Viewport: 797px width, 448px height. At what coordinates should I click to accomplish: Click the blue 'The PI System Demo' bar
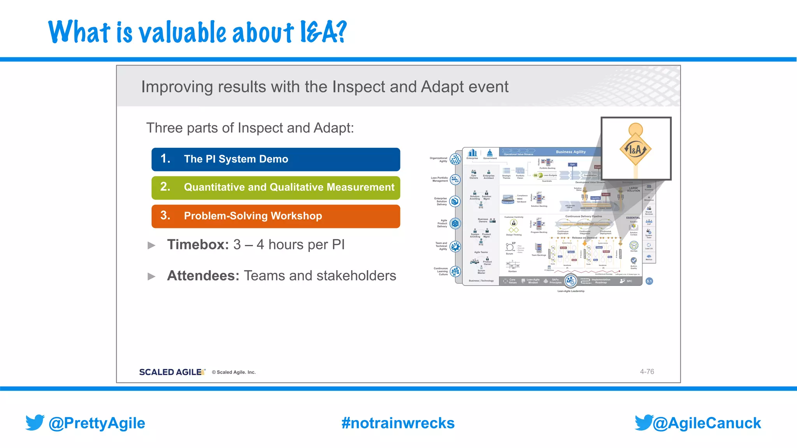(x=276, y=159)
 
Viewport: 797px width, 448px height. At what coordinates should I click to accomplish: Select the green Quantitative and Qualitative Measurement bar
(x=276, y=188)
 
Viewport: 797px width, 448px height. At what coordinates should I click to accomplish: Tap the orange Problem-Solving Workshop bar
(x=276, y=216)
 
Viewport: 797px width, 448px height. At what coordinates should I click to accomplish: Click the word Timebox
(x=198, y=245)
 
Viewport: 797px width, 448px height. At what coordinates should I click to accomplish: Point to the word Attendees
(x=203, y=276)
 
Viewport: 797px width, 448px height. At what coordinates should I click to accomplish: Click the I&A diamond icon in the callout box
(x=635, y=149)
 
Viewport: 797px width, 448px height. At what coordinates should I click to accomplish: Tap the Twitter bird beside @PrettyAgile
(x=35, y=422)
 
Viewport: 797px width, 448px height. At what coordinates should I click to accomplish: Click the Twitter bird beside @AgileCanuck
(x=644, y=422)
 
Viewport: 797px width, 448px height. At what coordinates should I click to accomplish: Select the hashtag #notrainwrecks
(x=398, y=423)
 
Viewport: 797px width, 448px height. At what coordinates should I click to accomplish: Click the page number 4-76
(x=647, y=372)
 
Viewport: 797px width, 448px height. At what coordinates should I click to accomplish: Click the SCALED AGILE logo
(x=172, y=372)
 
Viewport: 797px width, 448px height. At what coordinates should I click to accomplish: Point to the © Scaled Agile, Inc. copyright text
(x=233, y=372)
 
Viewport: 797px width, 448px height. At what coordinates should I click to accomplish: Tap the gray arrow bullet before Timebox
(x=151, y=245)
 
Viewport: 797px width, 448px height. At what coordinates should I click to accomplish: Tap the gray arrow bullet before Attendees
(x=151, y=276)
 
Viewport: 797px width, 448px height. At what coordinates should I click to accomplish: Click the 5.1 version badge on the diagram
(x=649, y=281)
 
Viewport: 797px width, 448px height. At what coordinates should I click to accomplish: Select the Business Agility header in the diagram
(x=571, y=152)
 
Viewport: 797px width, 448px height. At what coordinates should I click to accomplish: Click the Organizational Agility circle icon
(x=455, y=159)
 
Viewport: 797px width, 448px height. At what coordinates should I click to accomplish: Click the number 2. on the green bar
(x=165, y=187)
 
